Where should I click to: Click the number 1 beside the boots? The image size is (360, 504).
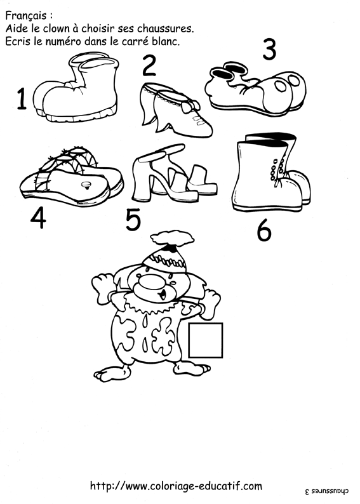(22, 99)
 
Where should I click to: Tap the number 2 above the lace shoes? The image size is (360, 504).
(149, 66)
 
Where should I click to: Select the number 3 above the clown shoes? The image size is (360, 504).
(269, 49)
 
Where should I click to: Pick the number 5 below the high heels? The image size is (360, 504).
(133, 220)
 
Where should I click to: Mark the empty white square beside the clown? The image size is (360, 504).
(206, 340)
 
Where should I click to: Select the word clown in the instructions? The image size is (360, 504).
(57, 29)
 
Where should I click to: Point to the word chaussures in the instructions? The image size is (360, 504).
(166, 29)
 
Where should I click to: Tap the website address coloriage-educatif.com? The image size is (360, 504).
(176, 486)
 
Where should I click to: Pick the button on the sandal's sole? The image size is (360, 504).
(86, 185)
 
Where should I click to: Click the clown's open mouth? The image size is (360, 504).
(163, 293)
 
